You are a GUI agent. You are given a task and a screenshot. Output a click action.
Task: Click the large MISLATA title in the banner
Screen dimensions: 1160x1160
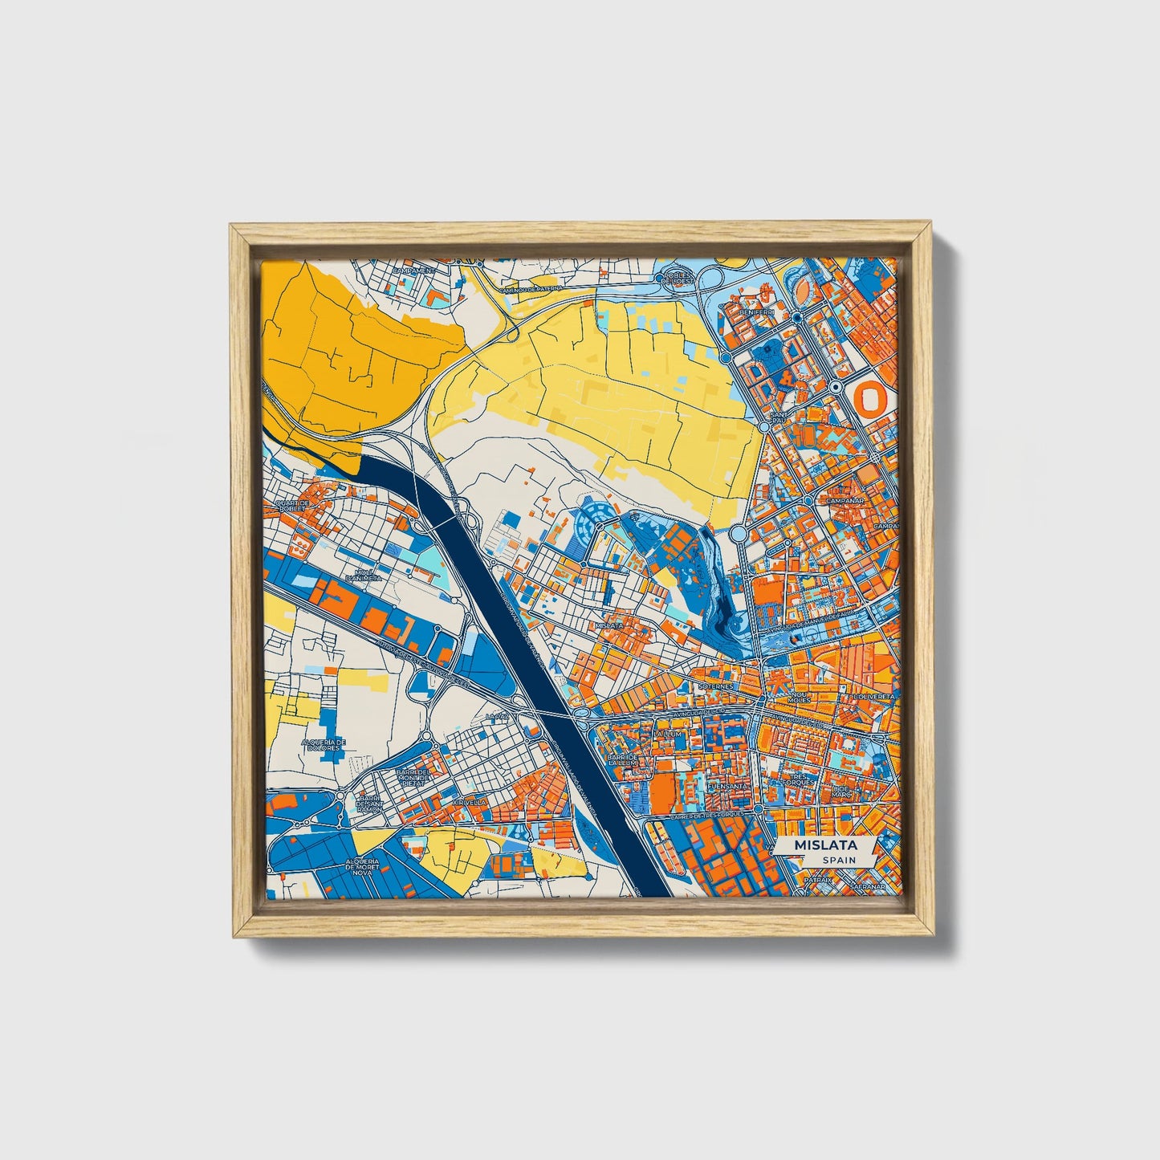825,845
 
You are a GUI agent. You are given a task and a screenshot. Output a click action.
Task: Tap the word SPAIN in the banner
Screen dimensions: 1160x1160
839,860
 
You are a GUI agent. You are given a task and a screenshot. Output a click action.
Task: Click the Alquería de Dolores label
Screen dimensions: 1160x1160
324,745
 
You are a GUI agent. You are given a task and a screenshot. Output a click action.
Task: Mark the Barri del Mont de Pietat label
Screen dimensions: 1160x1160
414,775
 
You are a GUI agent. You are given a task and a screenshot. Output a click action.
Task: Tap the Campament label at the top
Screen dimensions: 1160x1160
418,271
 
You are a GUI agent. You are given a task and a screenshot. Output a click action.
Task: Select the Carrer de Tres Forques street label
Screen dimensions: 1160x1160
714,815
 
